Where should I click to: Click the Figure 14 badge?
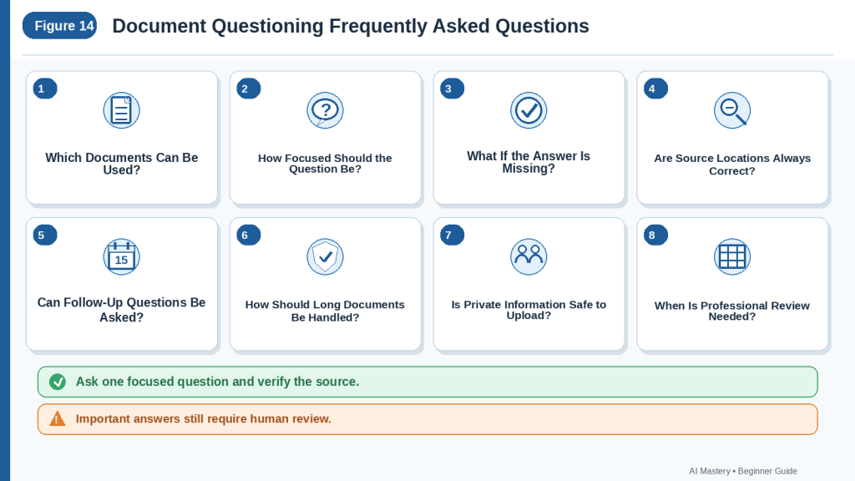59,26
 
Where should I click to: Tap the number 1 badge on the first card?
45,89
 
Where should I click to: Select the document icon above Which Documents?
122,110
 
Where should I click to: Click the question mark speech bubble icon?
325,110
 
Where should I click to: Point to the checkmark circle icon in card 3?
529,110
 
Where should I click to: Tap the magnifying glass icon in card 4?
732,110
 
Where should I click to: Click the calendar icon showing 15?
122,257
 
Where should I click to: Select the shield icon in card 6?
325,257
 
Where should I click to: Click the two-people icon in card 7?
529,257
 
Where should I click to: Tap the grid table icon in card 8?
732,257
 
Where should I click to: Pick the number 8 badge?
655,235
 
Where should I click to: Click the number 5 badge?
45,235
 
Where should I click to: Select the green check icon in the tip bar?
58,382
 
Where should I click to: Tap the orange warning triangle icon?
58,418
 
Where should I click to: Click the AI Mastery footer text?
710,471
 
